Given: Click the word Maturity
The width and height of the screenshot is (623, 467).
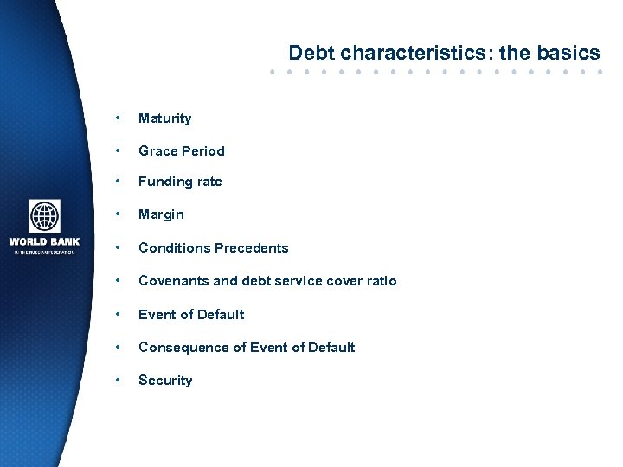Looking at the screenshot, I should (164, 118).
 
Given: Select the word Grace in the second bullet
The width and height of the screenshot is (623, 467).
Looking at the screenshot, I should (157, 150).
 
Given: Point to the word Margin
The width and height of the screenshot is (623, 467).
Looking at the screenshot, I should (161, 214).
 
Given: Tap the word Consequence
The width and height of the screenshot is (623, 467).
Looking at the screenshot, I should (182, 348).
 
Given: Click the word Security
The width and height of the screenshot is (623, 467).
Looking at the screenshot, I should (165, 381).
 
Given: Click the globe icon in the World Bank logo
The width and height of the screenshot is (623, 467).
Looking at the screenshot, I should (44, 215).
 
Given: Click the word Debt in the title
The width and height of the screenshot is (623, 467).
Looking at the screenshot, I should (309, 54).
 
